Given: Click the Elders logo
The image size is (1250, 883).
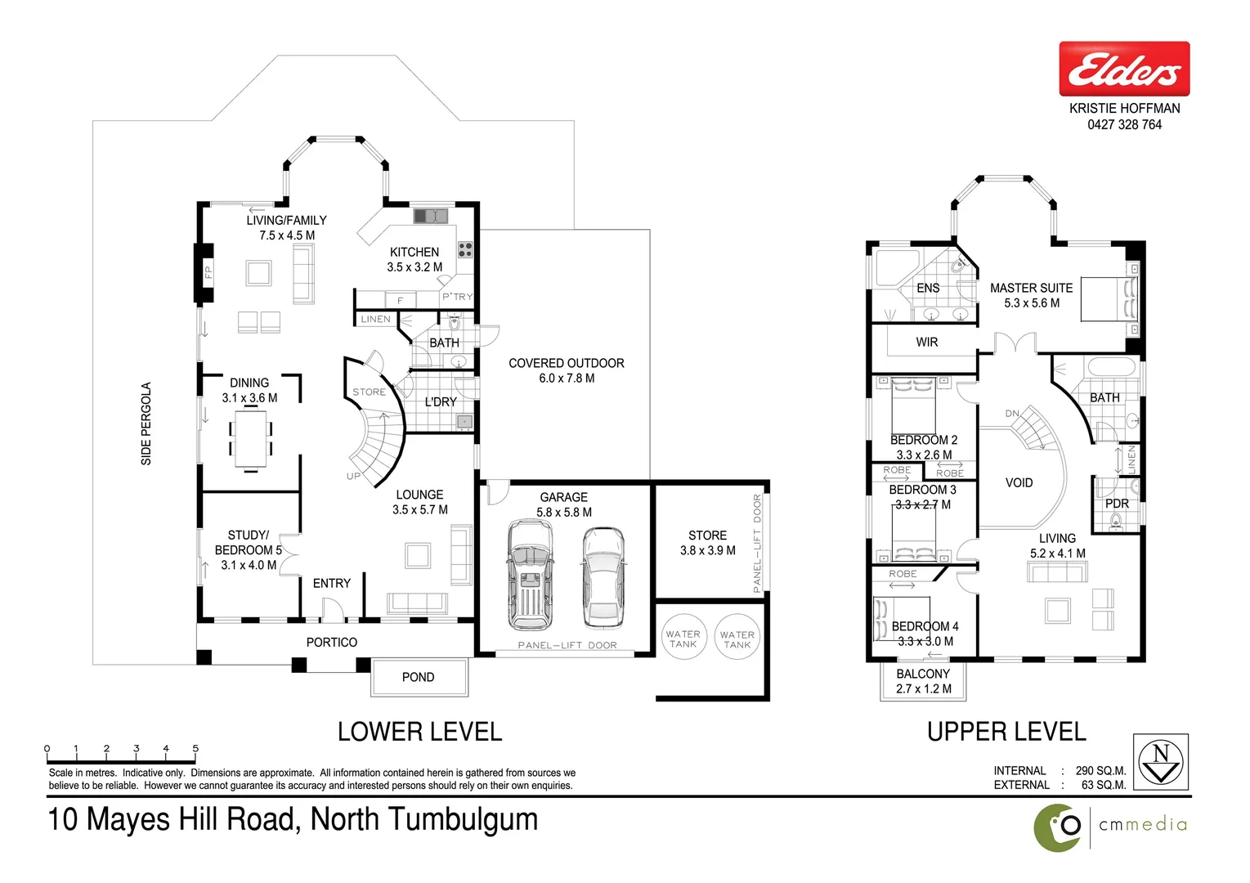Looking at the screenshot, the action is click(1124, 69).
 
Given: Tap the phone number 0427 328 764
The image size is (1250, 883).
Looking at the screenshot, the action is click(1124, 125).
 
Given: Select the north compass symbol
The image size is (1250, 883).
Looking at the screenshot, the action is click(1160, 762).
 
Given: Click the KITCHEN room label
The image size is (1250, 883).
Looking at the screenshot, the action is click(414, 253).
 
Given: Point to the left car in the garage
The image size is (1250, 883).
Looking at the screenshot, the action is click(529, 574).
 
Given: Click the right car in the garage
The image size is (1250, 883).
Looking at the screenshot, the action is click(603, 576).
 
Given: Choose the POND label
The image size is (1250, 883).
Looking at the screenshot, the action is click(418, 678).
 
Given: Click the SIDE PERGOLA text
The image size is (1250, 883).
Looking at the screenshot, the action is click(146, 424).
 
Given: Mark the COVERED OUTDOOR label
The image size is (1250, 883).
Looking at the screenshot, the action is click(566, 363).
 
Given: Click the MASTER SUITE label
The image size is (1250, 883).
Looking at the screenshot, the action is click(1031, 289).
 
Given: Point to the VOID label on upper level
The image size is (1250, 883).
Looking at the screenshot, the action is click(1019, 483).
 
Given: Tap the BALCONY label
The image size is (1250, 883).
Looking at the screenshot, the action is click(923, 675).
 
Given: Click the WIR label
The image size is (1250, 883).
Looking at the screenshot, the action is click(926, 343).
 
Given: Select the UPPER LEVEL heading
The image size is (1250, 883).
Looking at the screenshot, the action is click(1006, 732).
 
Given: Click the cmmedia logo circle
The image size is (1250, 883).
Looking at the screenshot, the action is click(1059, 827).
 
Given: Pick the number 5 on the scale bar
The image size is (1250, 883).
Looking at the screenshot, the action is click(195, 748).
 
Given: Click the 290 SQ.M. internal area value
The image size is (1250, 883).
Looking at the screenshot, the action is click(1100, 771).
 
